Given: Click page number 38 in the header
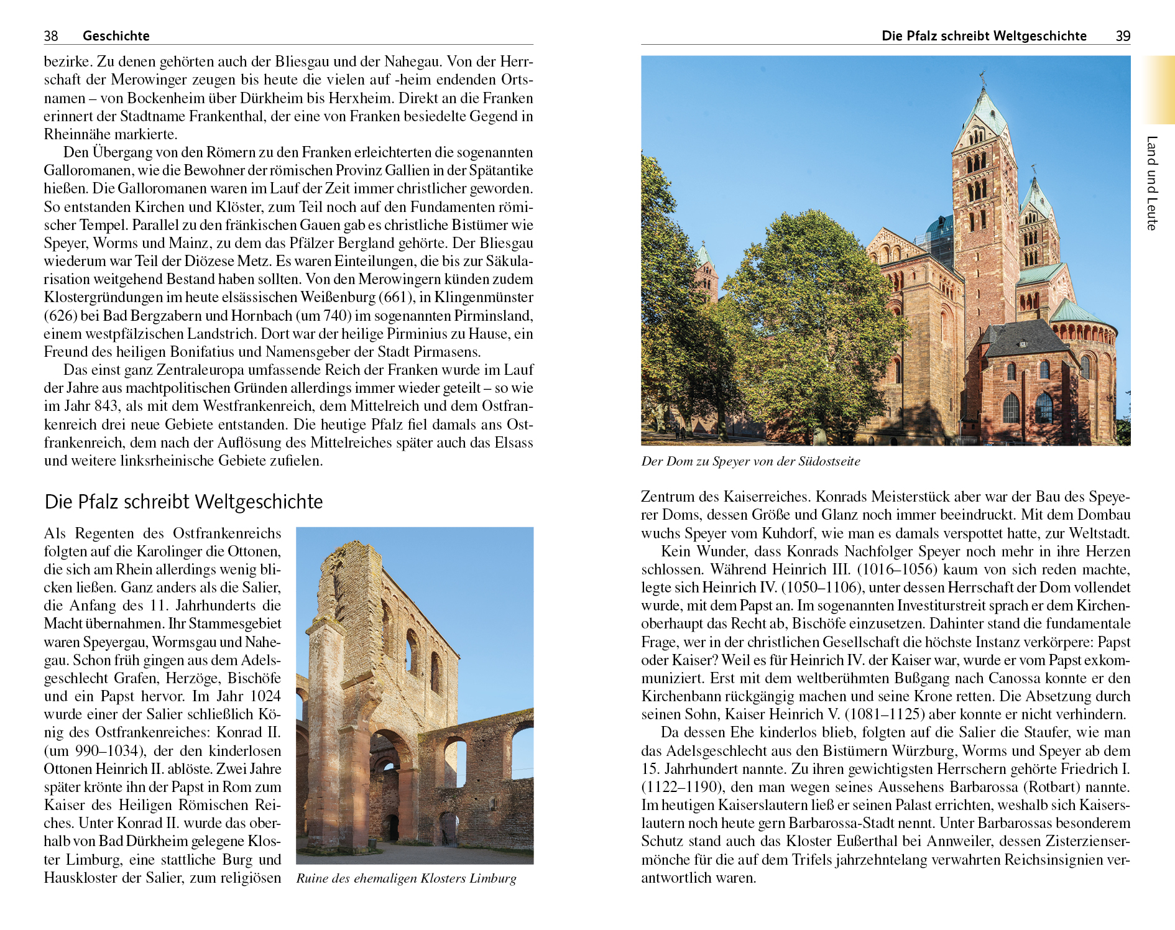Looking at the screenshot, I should (x=51, y=36).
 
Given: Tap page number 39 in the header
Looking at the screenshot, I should (x=1123, y=36).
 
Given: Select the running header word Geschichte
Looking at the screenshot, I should (x=116, y=36).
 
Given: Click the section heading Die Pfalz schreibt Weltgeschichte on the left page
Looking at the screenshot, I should (x=183, y=502).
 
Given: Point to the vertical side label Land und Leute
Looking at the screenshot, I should (x=1152, y=183).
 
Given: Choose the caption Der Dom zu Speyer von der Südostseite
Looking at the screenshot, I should (x=750, y=461).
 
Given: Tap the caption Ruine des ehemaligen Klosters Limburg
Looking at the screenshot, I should (x=406, y=878).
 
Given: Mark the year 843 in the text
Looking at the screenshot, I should (x=107, y=407).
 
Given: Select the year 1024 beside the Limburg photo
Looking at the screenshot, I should (x=265, y=696).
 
